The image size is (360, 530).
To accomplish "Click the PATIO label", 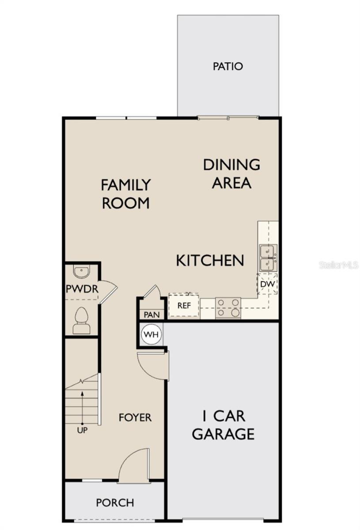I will (228, 67).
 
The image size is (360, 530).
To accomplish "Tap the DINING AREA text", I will (231, 174).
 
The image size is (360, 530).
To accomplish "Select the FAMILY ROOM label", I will (126, 193).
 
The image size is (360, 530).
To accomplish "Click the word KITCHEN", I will (210, 261).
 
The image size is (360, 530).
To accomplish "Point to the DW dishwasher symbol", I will (267, 284).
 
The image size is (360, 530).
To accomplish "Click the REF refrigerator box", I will (184, 305).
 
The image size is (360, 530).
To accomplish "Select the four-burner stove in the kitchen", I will (228, 307).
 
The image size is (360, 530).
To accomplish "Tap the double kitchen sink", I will (268, 257).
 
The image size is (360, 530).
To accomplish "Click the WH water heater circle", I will (152, 335).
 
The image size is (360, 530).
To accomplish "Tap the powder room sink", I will (82, 272).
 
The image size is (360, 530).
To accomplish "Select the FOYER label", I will (135, 417).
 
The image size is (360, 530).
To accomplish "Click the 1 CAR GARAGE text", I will (224, 425).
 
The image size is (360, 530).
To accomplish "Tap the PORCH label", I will (115, 503).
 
